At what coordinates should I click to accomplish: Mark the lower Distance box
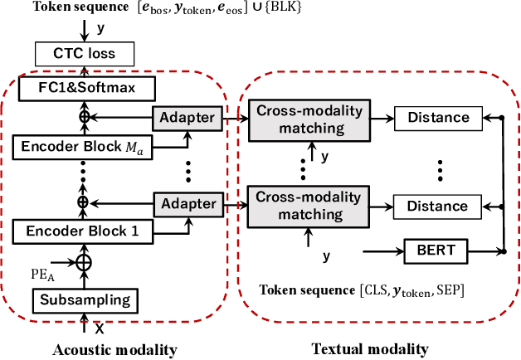(431, 205)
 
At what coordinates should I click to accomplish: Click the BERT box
(431, 249)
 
